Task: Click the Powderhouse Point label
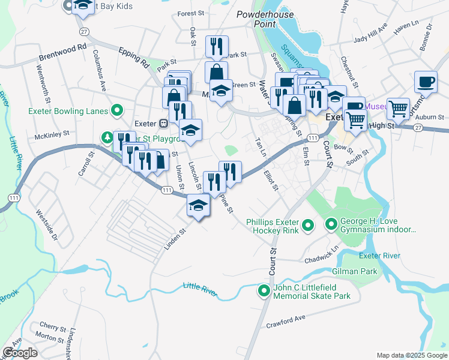(x=256, y=19)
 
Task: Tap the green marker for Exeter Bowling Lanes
(x=118, y=110)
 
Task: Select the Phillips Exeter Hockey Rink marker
(x=308, y=226)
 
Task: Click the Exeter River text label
(x=379, y=256)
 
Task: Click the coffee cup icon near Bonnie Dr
(x=426, y=82)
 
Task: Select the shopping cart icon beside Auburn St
(x=398, y=109)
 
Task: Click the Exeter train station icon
(x=163, y=124)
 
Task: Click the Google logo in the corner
(x=20, y=353)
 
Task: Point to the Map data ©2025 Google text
(x=411, y=355)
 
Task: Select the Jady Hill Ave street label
(x=370, y=36)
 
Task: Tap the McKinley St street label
(x=53, y=136)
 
